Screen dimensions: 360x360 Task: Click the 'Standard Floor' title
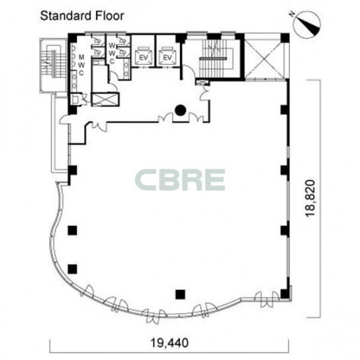82,16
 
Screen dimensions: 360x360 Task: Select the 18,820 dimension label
310,199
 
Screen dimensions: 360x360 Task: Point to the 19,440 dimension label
169,343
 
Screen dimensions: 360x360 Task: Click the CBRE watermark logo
180,180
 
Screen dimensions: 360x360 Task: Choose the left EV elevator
144,56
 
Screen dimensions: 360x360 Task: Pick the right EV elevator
167,56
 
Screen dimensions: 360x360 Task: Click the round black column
181,111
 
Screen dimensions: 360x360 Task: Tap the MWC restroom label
81,65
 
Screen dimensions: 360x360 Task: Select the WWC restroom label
112,53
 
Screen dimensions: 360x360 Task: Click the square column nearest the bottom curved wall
181,294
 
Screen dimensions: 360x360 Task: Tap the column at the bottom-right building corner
285,294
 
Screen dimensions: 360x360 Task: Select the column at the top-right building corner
285,38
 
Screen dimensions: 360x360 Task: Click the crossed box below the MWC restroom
105,99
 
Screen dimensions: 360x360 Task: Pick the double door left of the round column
165,117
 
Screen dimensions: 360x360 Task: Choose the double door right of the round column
196,117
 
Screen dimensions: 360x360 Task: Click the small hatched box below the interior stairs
202,82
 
